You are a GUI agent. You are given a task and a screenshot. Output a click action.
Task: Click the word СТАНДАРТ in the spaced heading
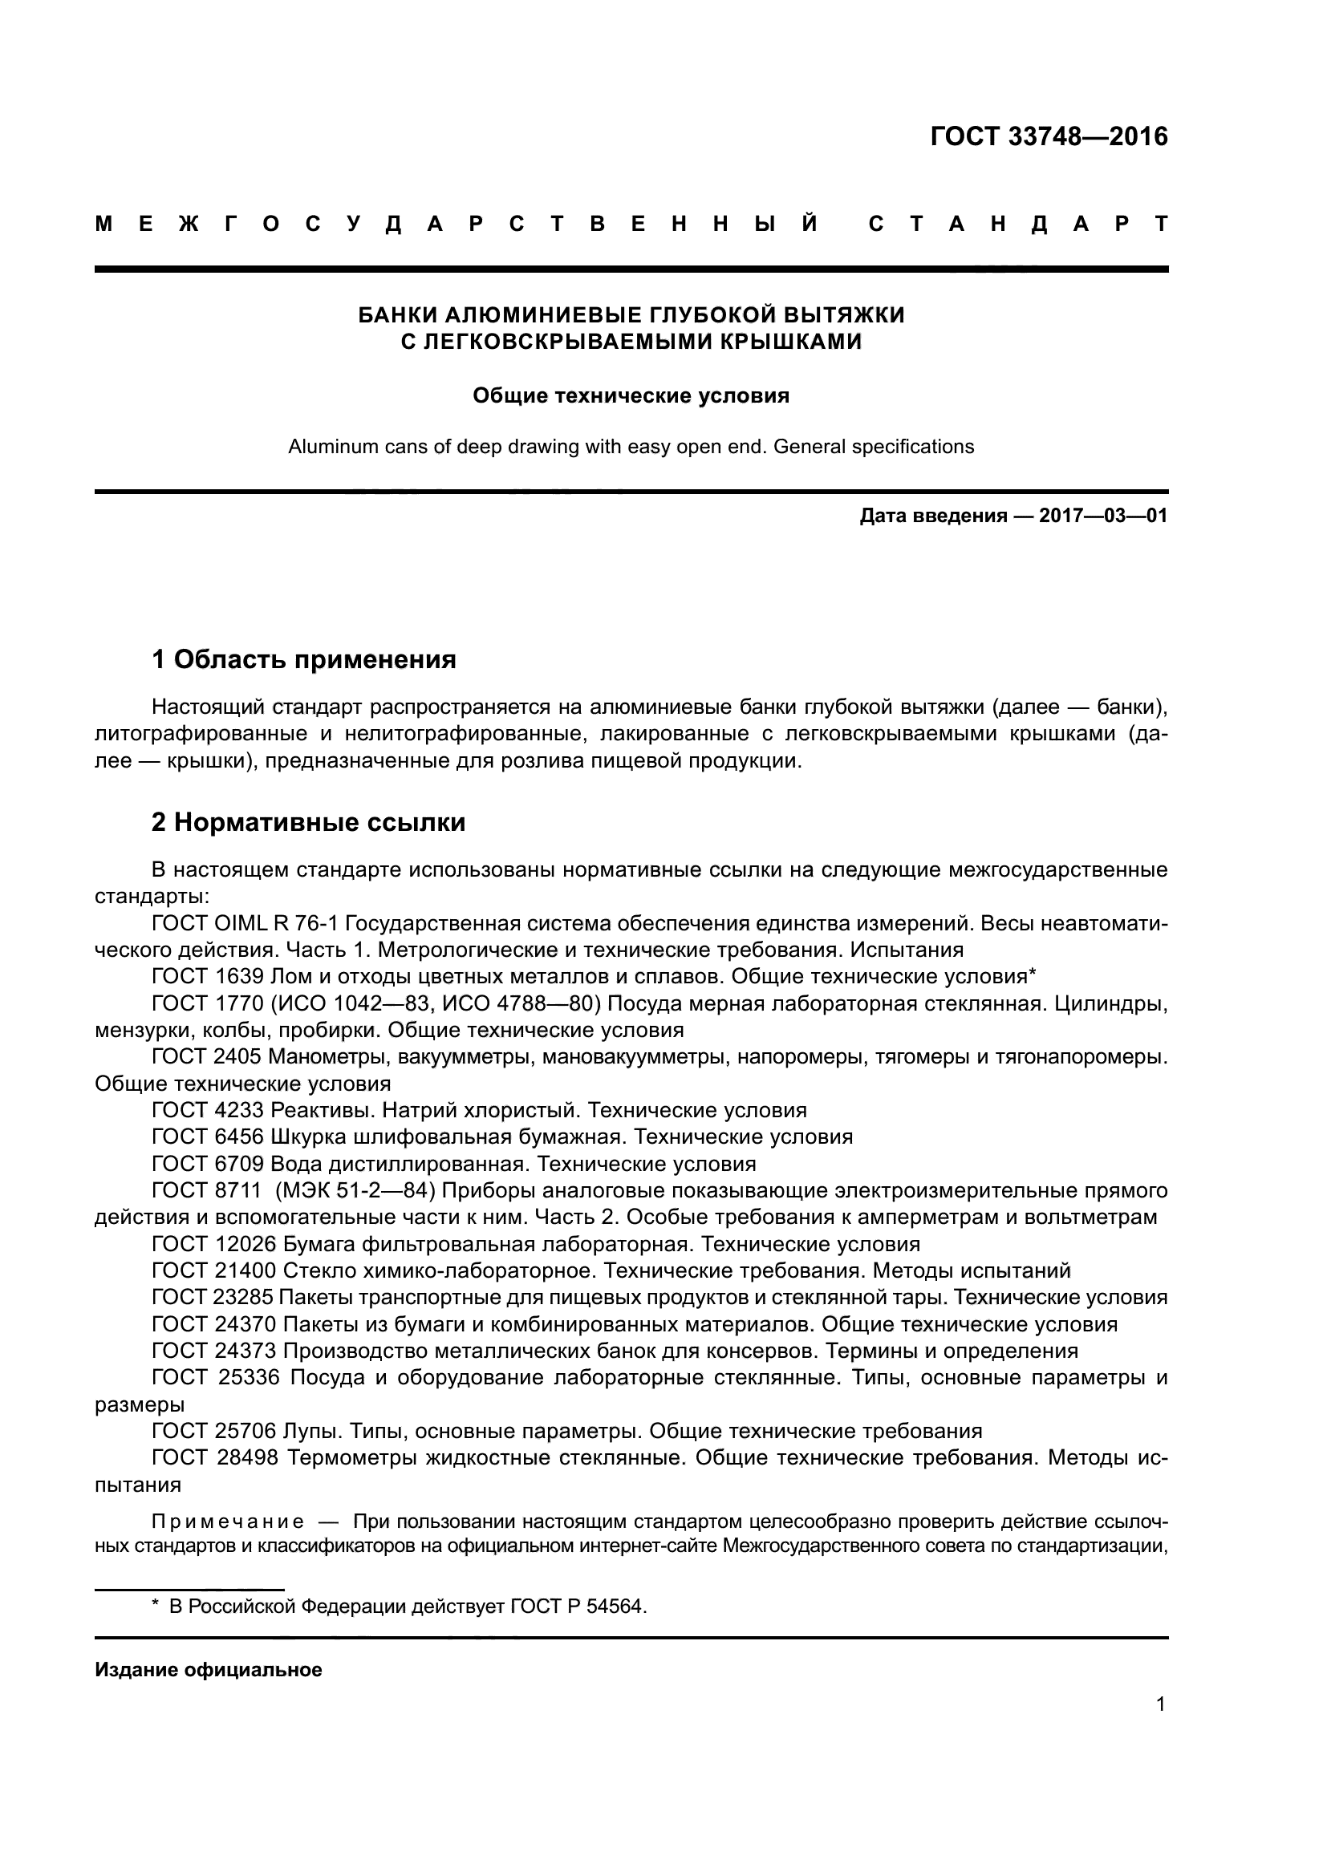(x=1017, y=224)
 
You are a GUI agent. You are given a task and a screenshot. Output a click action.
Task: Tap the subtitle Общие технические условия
(x=631, y=396)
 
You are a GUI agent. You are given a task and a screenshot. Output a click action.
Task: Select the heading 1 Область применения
(x=304, y=658)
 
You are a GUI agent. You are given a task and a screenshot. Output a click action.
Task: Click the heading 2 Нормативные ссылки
(x=308, y=822)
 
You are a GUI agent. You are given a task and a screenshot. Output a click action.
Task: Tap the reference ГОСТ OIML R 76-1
(x=246, y=923)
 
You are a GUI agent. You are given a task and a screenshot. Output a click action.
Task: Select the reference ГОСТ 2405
(x=207, y=1056)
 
